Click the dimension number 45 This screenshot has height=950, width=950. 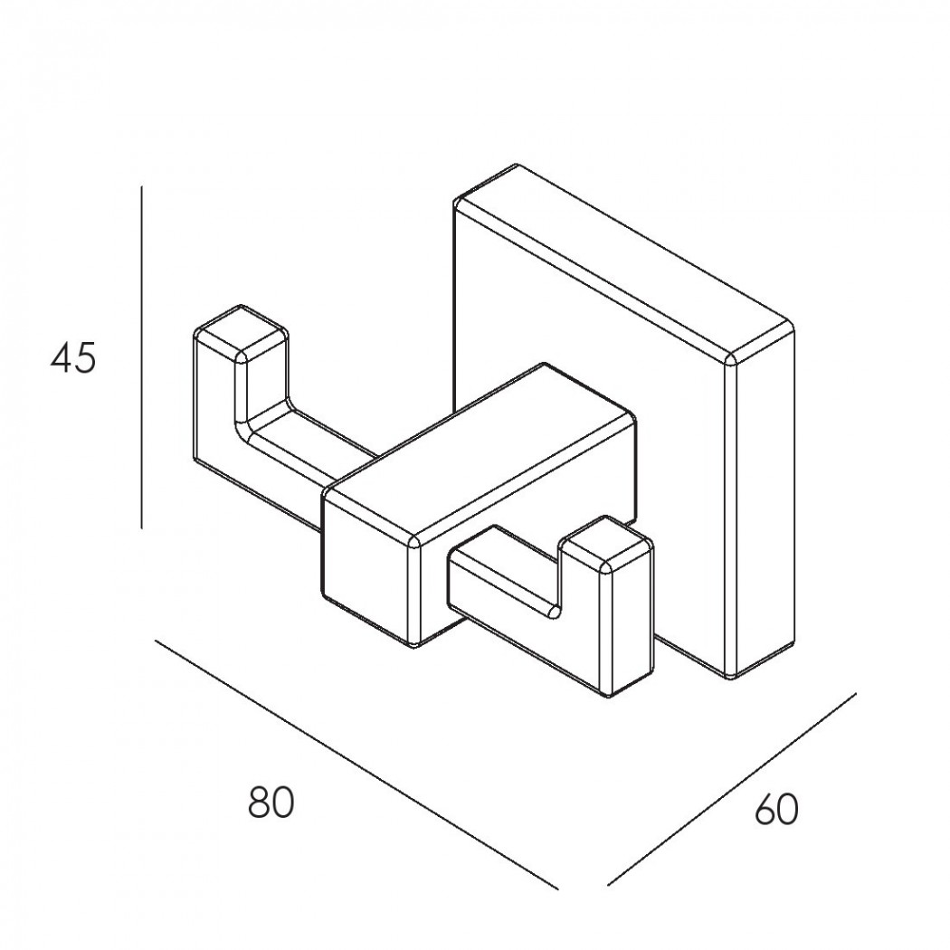73,358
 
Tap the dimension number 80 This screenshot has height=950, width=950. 271,803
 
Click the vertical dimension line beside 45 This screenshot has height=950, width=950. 141,356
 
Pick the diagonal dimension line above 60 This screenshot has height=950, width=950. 732,788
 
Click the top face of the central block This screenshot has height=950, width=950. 480,450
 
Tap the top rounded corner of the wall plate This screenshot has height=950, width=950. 516,166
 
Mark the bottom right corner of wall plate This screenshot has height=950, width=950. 733,678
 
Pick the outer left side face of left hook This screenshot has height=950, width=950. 215,412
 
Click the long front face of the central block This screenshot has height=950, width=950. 527,533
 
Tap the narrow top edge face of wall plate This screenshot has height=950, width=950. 624,261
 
